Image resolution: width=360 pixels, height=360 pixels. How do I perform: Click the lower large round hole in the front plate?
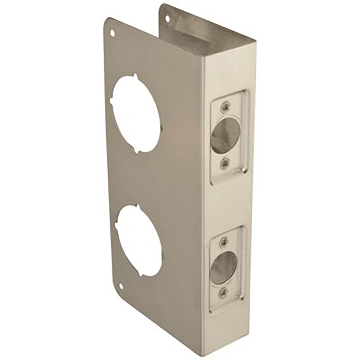pyautogui.click(x=139, y=240)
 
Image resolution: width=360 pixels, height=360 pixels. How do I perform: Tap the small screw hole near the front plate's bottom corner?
pyautogui.click(x=121, y=286)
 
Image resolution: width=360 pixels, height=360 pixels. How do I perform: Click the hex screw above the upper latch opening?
pyautogui.click(x=224, y=107)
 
